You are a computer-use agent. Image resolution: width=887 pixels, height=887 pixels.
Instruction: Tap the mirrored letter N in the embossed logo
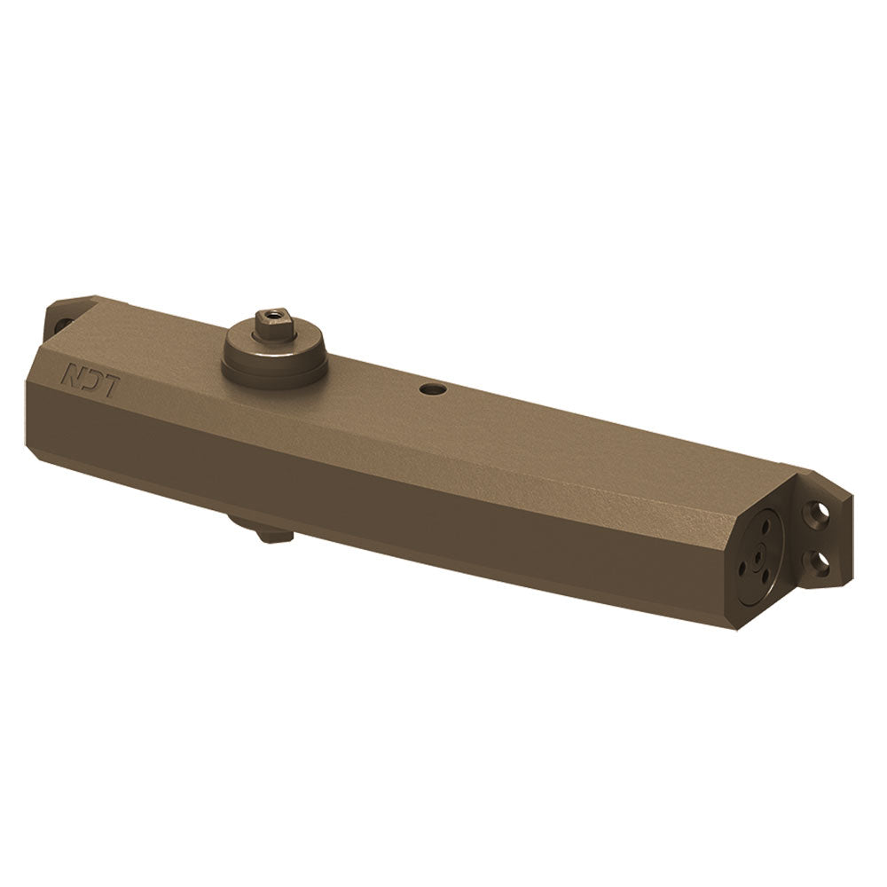[x=71, y=372]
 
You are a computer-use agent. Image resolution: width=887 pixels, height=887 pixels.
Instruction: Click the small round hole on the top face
[x=433, y=389]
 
